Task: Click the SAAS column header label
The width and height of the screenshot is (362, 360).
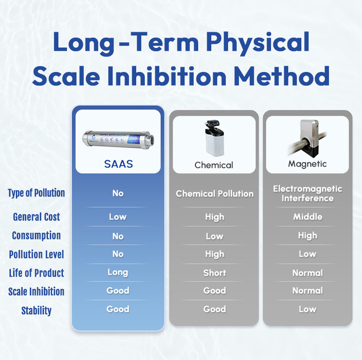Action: (x=118, y=164)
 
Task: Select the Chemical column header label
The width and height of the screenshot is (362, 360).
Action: (x=214, y=165)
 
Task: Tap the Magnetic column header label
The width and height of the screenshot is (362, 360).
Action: (x=307, y=164)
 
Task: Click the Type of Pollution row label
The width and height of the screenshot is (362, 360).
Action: (x=36, y=193)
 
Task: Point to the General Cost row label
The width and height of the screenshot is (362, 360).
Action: (x=36, y=217)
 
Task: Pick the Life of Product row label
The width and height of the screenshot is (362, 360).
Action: (x=36, y=273)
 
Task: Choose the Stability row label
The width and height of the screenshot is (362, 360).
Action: (x=36, y=310)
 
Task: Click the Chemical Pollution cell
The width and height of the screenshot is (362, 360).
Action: (x=215, y=193)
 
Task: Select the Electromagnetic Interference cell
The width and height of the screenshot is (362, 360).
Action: (x=307, y=193)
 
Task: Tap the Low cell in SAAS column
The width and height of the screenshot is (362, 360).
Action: (x=118, y=217)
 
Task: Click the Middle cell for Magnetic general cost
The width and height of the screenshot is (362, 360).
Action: (x=307, y=217)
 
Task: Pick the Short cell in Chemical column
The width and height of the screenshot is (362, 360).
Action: (x=215, y=273)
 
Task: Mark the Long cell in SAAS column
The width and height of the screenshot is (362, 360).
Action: (x=118, y=272)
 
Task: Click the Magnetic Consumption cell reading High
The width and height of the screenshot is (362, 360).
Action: (x=307, y=235)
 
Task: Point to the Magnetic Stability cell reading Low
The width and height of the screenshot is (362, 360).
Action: (x=307, y=309)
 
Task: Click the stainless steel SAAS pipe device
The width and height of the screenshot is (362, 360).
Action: (x=118, y=138)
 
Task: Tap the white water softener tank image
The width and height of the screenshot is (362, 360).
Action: (x=213, y=140)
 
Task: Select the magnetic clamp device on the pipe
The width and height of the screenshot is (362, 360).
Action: (x=310, y=136)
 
